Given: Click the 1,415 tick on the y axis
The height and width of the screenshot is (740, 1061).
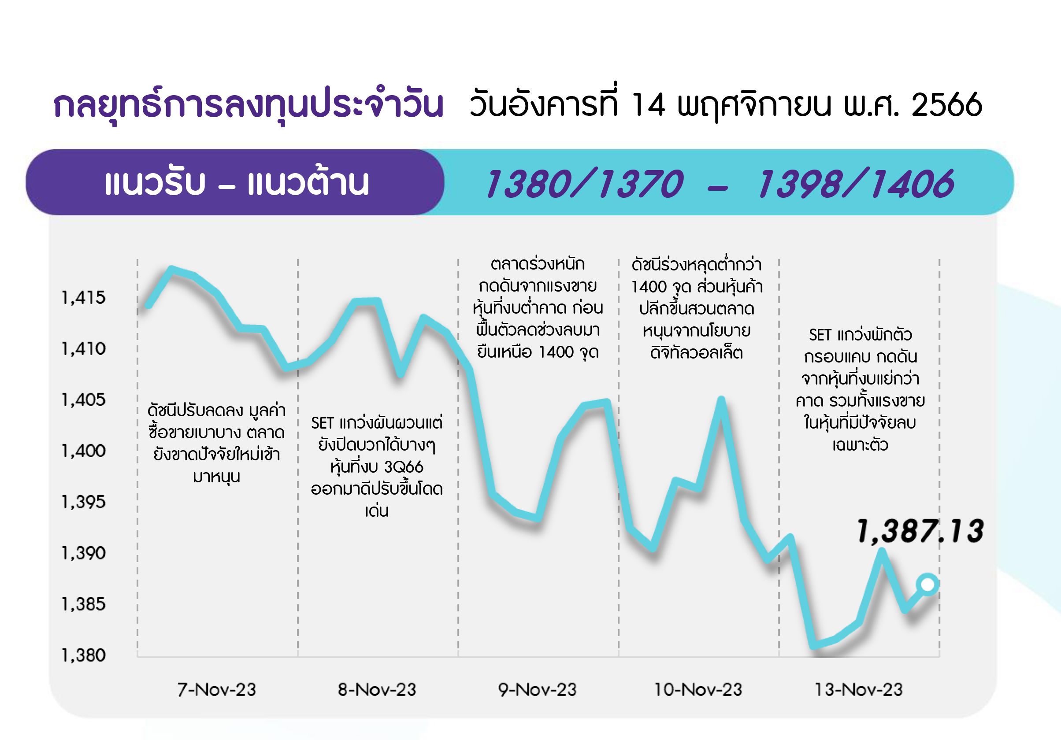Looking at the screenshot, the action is [x=84, y=298].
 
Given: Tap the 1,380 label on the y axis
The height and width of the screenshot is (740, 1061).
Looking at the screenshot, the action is [x=84, y=655].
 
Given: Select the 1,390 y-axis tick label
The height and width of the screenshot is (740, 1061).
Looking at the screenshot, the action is [x=84, y=553].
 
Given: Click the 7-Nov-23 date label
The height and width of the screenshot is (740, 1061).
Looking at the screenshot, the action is [x=216, y=690].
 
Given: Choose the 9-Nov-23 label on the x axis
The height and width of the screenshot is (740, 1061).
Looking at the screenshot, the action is [x=537, y=690].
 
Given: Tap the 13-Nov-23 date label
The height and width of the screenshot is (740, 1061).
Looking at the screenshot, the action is [x=858, y=690].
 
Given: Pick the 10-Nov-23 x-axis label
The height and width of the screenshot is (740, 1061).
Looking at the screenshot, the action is [x=698, y=690].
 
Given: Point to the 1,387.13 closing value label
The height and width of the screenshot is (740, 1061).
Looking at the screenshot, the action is [x=920, y=531].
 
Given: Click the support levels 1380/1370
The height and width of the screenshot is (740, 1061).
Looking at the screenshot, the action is [x=585, y=183].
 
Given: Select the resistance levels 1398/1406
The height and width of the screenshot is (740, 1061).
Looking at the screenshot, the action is [x=855, y=183].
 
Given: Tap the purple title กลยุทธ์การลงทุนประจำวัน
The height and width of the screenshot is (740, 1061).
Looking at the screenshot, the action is [x=248, y=104].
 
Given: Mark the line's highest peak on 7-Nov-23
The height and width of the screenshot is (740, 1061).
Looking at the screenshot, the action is [x=171, y=269].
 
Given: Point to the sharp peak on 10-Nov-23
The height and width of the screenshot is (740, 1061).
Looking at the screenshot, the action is [x=721, y=400].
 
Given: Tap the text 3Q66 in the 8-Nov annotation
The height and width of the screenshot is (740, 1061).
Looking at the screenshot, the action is [x=404, y=467].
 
